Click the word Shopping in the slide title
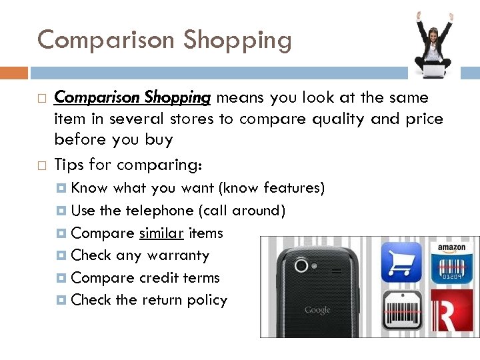(x=238, y=41)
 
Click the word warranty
(x=178, y=255)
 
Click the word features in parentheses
(x=292, y=189)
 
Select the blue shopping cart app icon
(x=401, y=262)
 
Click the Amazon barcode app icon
(x=451, y=262)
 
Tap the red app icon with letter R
(x=451, y=310)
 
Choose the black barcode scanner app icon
(x=401, y=310)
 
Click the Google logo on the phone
(x=317, y=310)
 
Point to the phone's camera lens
(x=301, y=265)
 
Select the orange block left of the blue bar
(x=14, y=72)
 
